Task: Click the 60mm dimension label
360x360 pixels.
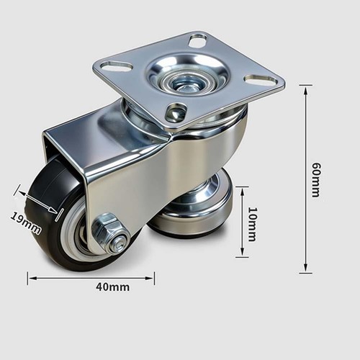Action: [316, 180]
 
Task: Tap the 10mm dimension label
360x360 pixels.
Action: [252, 224]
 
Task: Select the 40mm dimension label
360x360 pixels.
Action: [113, 287]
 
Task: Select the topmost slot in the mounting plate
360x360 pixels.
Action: [198, 40]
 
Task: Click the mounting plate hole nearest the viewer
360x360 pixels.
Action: [176, 112]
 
